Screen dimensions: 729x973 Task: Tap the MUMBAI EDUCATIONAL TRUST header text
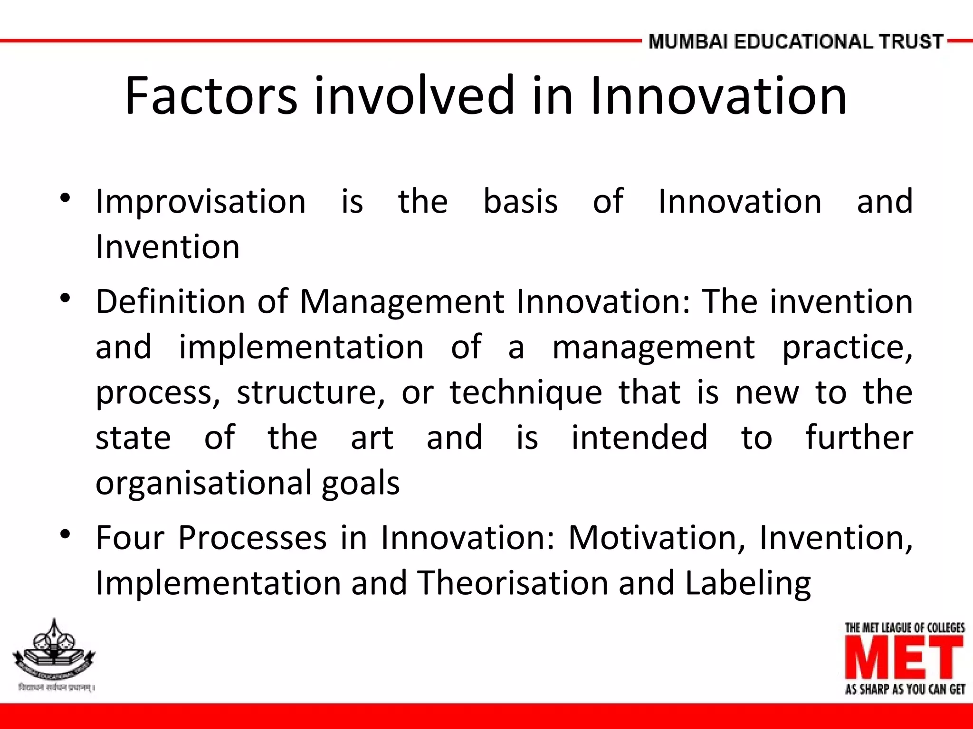[x=795, y=42]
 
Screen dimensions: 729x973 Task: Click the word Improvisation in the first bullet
[x=200, y=202]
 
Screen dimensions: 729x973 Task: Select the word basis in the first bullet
[x=520, y=202]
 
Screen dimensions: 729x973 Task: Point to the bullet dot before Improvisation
[x=66, y=198]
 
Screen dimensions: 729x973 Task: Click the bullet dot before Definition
[x=66, y=299]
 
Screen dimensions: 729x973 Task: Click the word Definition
[x=170, y=302]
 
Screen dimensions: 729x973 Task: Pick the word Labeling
[x=748, y=584]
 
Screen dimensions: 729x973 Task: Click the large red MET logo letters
[x=904, y=658]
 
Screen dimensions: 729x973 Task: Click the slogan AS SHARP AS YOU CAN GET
[x=905, y=689]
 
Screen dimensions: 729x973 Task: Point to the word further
[x=859, y=438]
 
